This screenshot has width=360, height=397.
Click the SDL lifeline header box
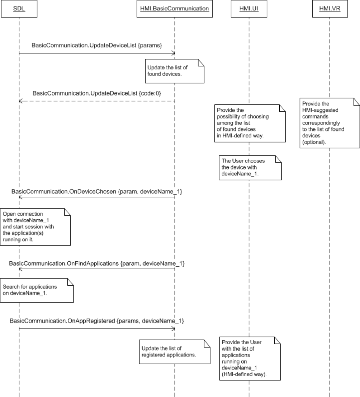click(19, 9)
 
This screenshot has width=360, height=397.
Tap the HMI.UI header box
click(249, 9)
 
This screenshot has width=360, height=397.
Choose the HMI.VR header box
click(329, 9)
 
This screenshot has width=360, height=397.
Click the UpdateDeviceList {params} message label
click(97, 46)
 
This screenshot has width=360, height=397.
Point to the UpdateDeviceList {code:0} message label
click(97, 93)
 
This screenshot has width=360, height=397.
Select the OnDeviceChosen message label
click(97, 192)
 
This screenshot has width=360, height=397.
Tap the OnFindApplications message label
click(97, 264)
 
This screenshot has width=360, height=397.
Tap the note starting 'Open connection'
click(34, 226)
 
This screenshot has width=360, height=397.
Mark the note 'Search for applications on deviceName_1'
click(37, 290)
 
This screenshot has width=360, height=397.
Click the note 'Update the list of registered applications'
click(174, 351)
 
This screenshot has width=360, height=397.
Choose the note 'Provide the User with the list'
click(249, 358)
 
